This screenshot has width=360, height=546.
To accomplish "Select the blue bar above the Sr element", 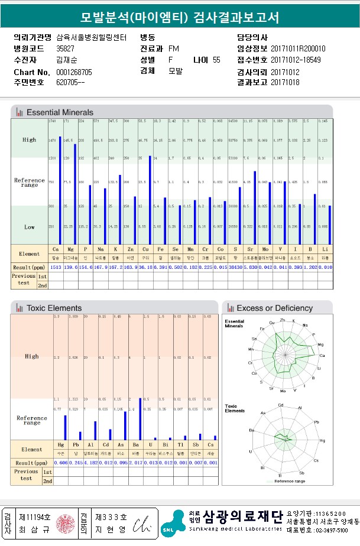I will (x=255, y=207).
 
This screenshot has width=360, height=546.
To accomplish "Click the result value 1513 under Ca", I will (x=56, y=268).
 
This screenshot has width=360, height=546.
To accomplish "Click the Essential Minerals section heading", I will (x=60, y=112).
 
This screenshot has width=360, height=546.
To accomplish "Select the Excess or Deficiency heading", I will (x=274, y=308).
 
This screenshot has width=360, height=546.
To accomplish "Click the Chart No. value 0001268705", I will (x=74, y=72).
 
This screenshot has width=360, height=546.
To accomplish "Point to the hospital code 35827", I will (x=65, y=48).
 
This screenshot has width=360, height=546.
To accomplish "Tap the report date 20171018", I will (x=285, y=82).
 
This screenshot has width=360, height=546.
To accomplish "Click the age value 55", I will (x=216, y=60).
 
